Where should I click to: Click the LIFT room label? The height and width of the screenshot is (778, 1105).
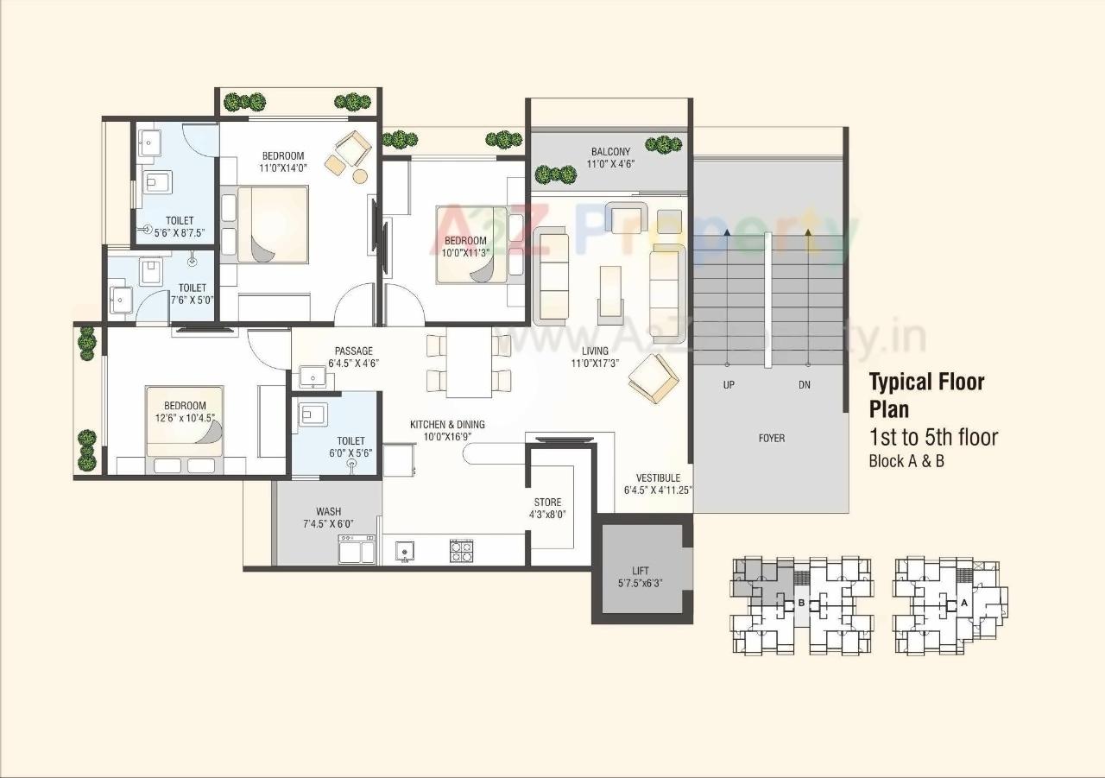coord(641,570)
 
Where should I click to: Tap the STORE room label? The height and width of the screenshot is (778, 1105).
coord(547,502)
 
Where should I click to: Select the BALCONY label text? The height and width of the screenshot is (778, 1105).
coord(610,151)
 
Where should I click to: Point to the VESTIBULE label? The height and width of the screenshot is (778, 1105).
coord(658,478)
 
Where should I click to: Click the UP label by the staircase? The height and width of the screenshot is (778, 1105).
coord(729,384)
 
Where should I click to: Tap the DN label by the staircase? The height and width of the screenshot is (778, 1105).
coord(805,384)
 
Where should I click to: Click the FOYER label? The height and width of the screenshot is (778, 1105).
coord(771,438)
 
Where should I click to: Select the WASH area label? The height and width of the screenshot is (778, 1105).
coord(328,511)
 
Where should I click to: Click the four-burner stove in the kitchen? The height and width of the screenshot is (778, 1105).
coord(461,551)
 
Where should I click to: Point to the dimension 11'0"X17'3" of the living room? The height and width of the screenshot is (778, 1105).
coord(595,364)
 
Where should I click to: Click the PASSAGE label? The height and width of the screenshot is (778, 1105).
coord(354,351)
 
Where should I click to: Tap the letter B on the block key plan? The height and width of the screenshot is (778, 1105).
coord(801,602)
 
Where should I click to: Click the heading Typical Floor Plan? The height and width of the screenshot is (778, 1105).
coord(925,395)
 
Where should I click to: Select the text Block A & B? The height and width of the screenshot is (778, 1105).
coord(906,461)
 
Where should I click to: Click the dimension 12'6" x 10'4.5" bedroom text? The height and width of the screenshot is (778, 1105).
coord(185,418)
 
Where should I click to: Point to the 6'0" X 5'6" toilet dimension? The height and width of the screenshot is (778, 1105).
coord(350,453)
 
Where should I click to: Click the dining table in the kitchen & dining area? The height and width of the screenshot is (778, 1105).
coord(468,364)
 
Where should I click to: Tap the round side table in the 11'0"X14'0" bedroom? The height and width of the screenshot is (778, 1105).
coord(360,176)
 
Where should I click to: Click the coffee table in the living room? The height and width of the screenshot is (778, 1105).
coord(609,294)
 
